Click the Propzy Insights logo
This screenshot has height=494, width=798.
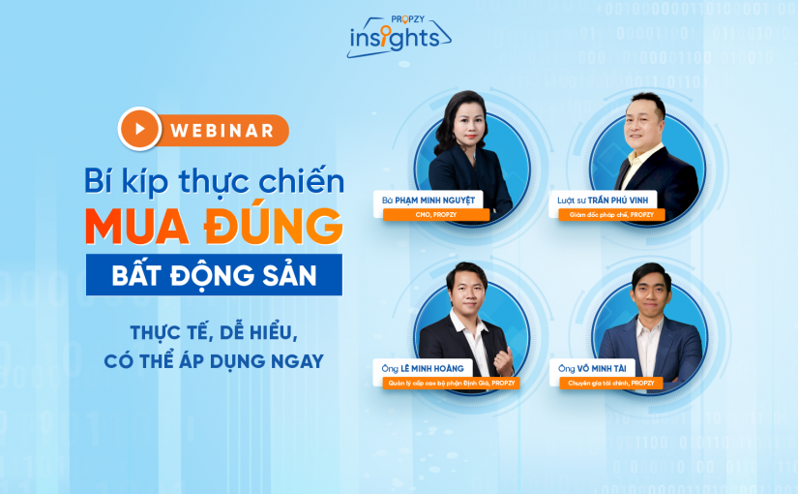(x=398, y=36)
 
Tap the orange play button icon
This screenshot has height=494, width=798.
(x=140, y=128)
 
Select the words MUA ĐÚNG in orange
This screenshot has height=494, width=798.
(x=214, y=224)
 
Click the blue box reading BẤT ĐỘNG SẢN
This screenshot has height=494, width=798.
(x=214, y=275)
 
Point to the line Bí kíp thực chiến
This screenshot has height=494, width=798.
(x=214, y=179)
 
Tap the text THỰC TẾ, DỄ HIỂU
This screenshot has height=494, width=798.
(x=214, y=332)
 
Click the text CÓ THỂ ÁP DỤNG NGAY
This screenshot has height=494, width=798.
(x=214, y=361)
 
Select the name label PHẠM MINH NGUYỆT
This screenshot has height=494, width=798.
(x=431, y=201)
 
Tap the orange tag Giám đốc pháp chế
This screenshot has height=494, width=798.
(x=611, y=215)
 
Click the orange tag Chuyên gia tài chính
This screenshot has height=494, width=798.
(x=611, y=383)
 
